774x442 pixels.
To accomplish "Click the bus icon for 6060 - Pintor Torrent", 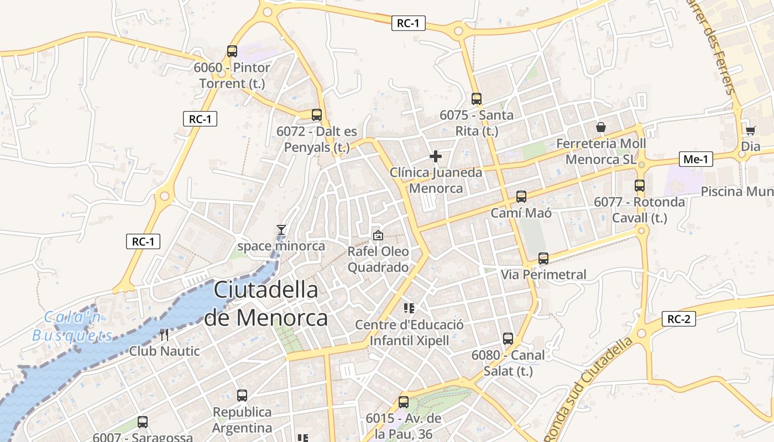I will [x=232, y=52].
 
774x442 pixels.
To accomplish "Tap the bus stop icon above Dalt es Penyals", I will [x=317, y=115].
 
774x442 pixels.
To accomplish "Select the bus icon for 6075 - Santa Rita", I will [x=477, y=99].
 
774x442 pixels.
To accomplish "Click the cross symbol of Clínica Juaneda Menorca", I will [x=436, y=156].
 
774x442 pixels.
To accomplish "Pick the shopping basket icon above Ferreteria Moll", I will [x=601, y=127].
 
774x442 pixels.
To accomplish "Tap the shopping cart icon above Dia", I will [x=750, y=130].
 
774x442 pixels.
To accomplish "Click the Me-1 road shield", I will [x=696, y=160].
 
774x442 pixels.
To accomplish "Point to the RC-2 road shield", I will [x=678, y=319].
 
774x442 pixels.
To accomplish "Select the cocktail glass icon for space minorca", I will [x=281, y=230].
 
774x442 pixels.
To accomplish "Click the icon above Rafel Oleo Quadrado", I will [x=378, y=235].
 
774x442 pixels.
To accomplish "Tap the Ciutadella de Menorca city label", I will [x=266, y=304].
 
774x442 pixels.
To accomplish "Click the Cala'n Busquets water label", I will [x=73, y=326].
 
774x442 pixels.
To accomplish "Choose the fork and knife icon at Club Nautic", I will [x=164, y=335].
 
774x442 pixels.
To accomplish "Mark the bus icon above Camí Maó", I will [x=521, y=196].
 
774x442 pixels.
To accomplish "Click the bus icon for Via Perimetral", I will [x=543, y=259].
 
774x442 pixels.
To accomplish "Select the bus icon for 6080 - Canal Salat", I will [x=508, y=339].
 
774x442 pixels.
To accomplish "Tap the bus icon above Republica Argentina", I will [x=242, y=396].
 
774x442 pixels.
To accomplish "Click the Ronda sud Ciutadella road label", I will [x=590, y=389].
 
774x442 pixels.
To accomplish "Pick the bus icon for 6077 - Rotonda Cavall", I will [x=640, y=186].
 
